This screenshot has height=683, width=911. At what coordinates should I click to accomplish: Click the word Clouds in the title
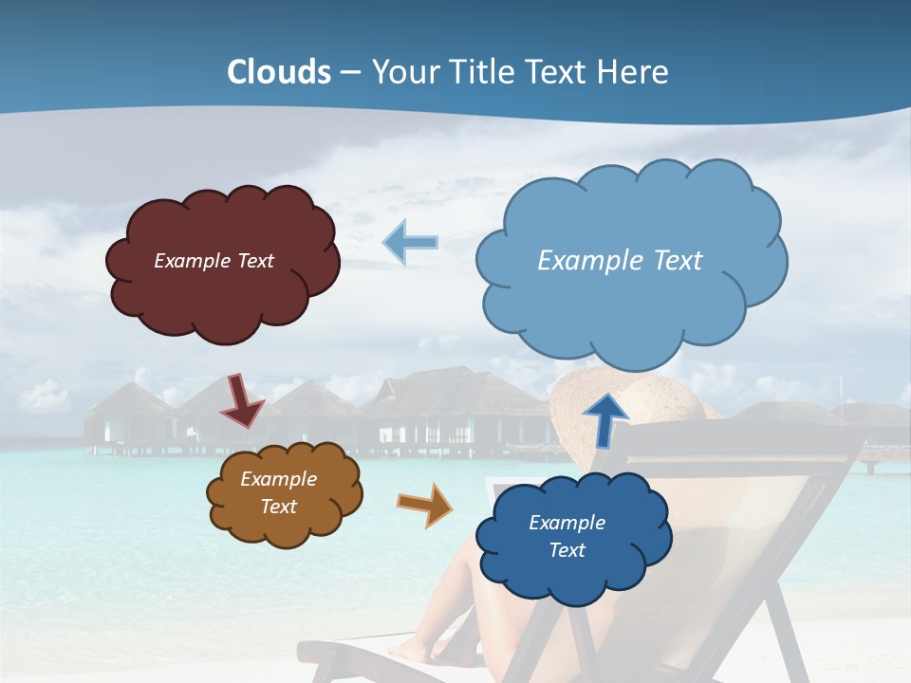(279, 72)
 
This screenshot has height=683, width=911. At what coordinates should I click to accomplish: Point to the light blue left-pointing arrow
(411, 243)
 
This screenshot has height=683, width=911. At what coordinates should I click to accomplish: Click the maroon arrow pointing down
(242, 400)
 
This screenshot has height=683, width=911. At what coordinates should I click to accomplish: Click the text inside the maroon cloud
(214, 261)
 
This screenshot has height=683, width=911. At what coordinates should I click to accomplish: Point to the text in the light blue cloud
(620, 261)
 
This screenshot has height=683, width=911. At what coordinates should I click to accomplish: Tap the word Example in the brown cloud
(278, 479)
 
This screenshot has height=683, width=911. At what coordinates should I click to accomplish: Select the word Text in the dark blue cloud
(567, 550)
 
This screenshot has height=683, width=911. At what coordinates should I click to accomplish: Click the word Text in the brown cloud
(278, 507)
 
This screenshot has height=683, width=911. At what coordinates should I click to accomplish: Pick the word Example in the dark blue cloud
(567, 523)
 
